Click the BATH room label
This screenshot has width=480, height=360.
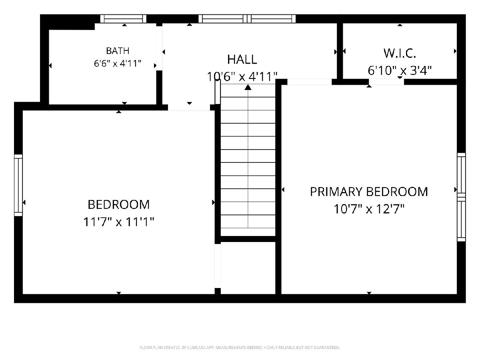click(x=118, y=51)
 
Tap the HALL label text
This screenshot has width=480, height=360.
click(x=242, y=60)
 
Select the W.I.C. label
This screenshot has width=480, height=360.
click(x=400, y=53)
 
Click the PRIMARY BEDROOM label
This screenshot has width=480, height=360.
click(x=369, y=192)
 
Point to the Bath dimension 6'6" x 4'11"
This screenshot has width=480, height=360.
click(x=118, y=64)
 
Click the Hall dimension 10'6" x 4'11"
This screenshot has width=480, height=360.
click(x=242, y=76)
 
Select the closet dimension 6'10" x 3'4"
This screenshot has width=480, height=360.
click(x=400, y=70)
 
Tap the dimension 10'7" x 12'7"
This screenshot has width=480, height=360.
click(x=369, y=209)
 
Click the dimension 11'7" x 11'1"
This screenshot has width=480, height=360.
click(x=119, y=222)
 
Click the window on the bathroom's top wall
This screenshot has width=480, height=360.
click(x=123, y=19)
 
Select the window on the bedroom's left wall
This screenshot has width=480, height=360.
click(x=18, y=185)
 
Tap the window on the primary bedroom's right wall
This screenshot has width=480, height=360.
click(x=462, y=197)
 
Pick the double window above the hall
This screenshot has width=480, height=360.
click(x=247, y=19)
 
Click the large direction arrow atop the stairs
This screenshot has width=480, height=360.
click(x=248, y=88)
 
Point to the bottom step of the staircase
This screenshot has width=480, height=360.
click(x=248, y=232)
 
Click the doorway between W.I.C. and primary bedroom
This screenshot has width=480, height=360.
click(x=386, y=82)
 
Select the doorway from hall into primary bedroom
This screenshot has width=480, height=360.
click(x=310, y=82)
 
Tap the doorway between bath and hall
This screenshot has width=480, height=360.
click(x=159, y=48)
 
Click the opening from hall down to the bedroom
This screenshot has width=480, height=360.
click(x=189, y=107)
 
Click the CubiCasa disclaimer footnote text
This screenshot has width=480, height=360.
click(x=240, y=348)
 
